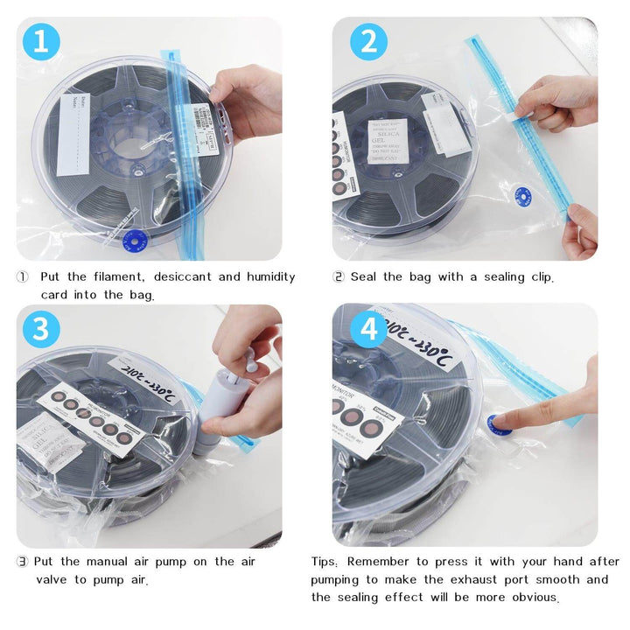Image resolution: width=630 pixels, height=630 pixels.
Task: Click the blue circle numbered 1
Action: click(40, 43)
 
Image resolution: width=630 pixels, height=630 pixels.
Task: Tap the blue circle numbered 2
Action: click(368, 43)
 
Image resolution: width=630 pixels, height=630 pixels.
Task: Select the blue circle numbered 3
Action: click(40, 330)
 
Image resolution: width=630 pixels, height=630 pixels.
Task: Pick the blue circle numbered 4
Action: click(368, 330)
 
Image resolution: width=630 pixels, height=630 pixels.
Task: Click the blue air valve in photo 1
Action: click(135, 238)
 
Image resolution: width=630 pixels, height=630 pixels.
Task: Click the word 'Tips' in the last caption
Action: click(326, 562)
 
